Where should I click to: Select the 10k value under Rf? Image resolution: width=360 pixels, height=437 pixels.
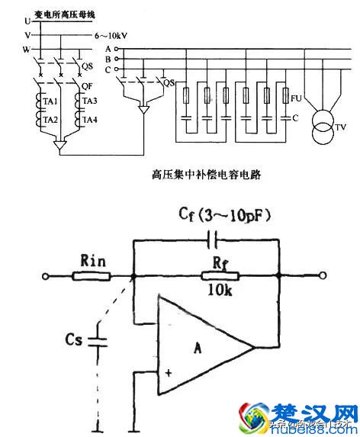(x=218, y=291)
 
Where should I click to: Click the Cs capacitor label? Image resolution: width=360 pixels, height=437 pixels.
(x=76, y=339)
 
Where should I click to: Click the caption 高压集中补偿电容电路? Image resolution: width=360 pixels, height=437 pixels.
(x=207, y=175)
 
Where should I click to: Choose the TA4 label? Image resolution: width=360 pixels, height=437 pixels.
(x=89, y=120)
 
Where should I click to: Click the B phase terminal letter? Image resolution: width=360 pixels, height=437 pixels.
(x=108, y=59)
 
